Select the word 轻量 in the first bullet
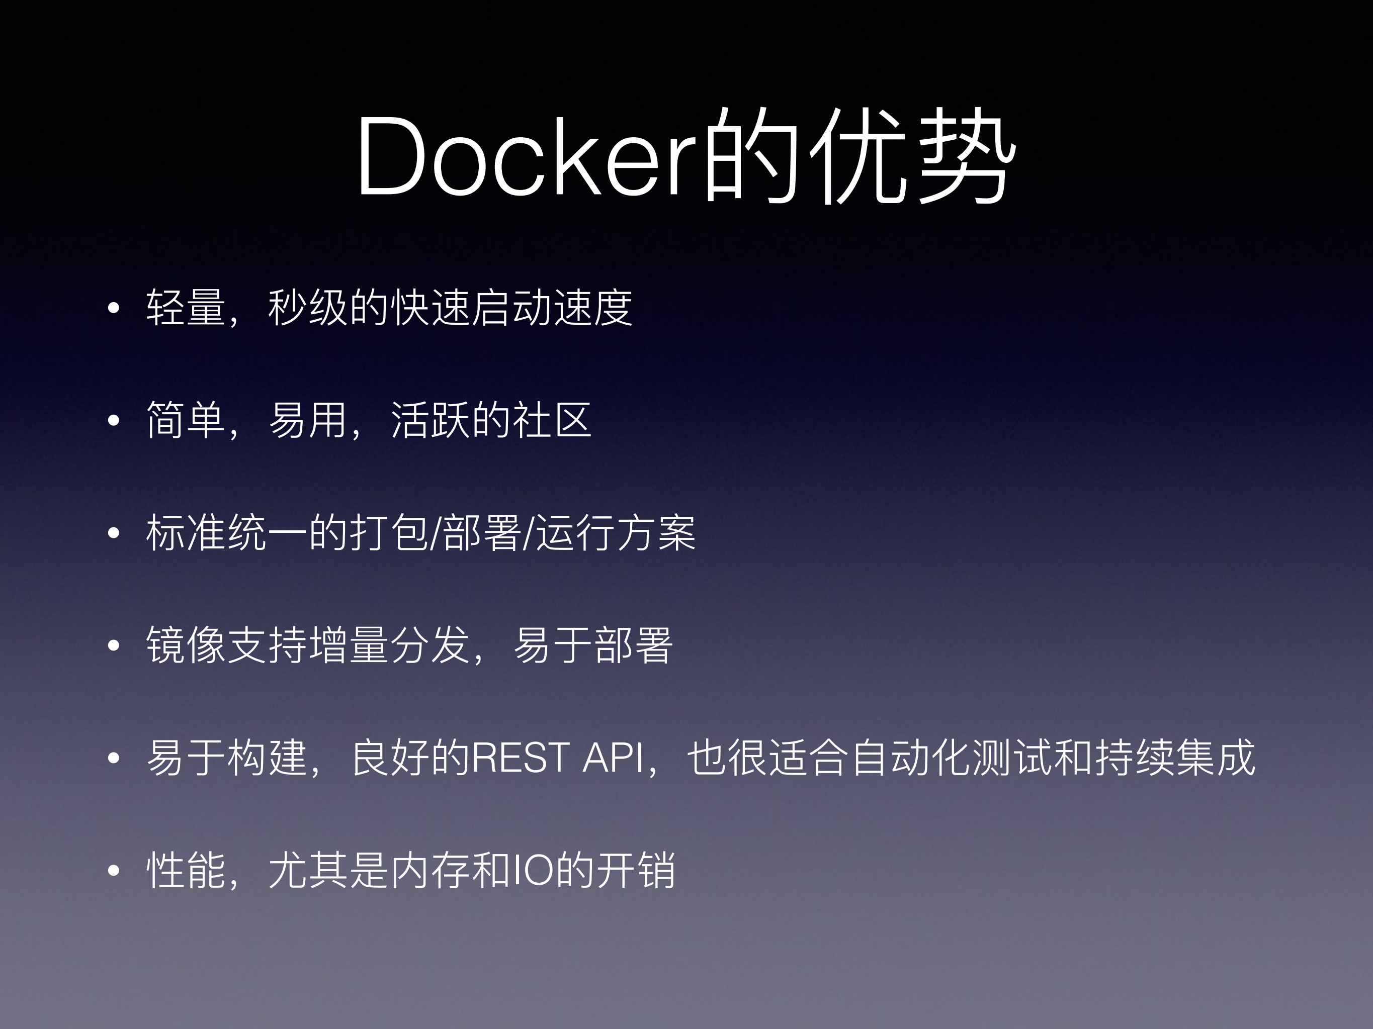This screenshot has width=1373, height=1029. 186,308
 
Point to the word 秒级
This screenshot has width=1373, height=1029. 308,308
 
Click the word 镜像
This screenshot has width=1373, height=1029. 186,645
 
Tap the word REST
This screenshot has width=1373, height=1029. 521,758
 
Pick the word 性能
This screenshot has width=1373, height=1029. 186,870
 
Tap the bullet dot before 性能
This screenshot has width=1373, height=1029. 113,871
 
